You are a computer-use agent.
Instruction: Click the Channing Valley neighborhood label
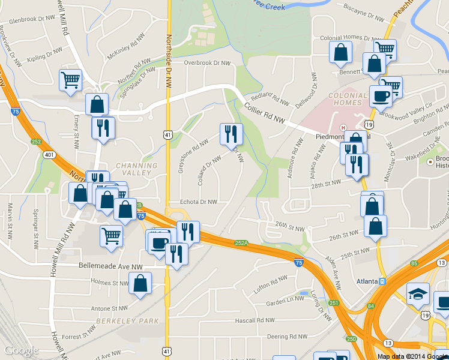(136, 169)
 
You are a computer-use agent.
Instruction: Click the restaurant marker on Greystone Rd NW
(231, 135)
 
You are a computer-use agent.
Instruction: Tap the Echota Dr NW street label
(193, 202)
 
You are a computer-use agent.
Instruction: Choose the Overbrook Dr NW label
(207, 62)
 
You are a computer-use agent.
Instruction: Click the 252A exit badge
(241, 244)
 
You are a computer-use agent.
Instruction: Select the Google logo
(22, 350)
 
